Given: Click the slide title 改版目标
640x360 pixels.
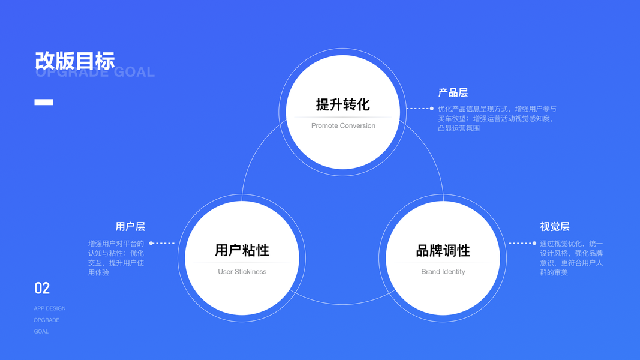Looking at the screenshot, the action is (74, 61).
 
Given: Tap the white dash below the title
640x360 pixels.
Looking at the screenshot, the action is (44, 102).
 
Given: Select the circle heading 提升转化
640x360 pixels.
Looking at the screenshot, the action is (342, 104).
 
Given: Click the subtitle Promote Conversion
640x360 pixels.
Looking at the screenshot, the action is (343, 126).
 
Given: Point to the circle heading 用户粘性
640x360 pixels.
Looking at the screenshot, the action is (242, 250).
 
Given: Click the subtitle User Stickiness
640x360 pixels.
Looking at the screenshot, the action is (242, 272).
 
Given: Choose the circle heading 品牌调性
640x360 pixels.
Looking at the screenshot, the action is (443, 250).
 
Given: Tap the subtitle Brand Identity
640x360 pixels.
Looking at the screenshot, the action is (443, 272).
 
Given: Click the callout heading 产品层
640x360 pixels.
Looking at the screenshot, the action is (453, 92).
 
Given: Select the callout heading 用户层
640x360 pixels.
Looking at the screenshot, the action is (130, 226).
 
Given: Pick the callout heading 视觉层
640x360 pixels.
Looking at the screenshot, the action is (554, 226).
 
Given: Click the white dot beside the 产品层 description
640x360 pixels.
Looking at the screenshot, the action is (432, 109).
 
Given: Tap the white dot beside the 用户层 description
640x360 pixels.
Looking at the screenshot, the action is (151, 243).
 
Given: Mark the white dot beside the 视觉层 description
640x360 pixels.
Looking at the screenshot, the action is (534, 243).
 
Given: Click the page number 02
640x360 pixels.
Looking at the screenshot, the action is (42, 289).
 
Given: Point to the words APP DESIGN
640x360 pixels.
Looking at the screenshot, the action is (50, 308).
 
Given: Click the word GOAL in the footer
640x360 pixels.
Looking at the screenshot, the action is (41, 331).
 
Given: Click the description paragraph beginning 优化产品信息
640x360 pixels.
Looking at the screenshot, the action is (497, 118).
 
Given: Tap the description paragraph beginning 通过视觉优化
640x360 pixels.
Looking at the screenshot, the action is (571, 258).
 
